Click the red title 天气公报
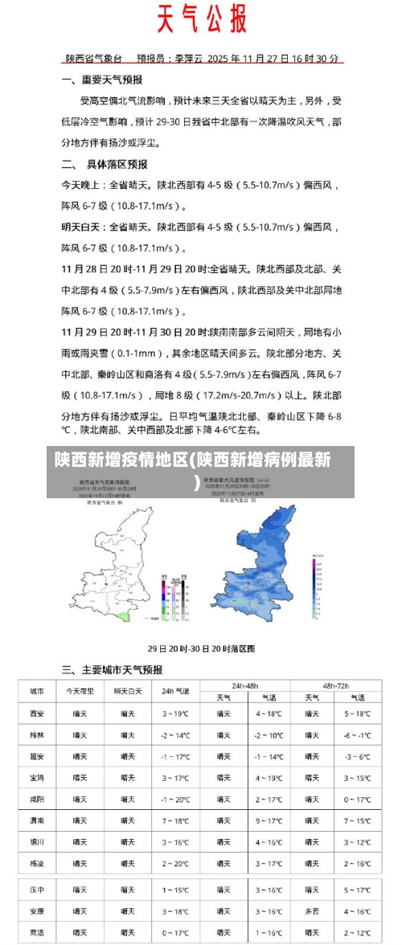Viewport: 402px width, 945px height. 200,17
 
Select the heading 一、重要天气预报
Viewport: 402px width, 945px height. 102,80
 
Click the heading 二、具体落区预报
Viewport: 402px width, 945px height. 105,164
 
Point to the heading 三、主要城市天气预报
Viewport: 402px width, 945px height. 112,669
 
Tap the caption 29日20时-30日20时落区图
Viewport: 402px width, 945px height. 201,648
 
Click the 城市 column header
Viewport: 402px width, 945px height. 37,691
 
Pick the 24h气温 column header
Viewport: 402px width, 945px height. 175,691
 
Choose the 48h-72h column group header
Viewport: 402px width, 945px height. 336,685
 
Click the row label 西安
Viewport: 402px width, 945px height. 37,714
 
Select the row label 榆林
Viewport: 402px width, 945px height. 37,735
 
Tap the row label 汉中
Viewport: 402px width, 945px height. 37,890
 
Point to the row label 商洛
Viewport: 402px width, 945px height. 37,933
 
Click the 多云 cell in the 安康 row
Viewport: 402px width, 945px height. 312,911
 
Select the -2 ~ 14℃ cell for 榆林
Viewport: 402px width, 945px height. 175,735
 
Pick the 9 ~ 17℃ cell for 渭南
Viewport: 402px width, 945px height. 269,820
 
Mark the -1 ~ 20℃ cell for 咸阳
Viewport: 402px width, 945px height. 175,800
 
